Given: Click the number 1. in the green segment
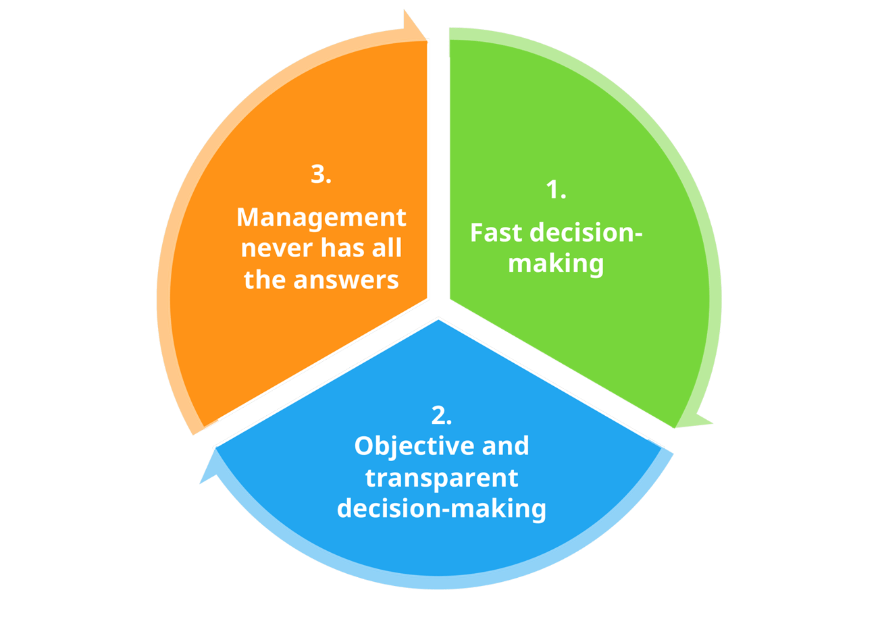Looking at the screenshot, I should click(x=555, y=191).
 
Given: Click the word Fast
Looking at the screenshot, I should click(x=498, y=233).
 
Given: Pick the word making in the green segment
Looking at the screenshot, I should click(x=556, y=263).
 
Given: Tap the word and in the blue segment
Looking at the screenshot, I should click(x=503, y=446).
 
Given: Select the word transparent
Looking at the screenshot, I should click(x=441, y=477).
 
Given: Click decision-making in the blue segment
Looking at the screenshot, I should click(x=441, y=508).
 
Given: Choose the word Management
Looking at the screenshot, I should click(x=321, y=217).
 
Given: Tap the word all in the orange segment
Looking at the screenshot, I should click(x=387, y=248).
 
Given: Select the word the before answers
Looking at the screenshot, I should click(x=265, y=279).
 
